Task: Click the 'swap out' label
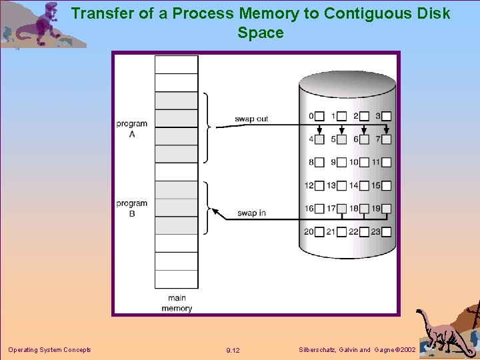(x=251, y=119)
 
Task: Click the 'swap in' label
(x=251, y=213)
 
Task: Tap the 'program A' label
(x=131, y=128)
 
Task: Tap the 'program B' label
(x=131, y=208)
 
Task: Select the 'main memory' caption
(x=177, y=303)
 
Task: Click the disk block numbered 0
(x=319, y=116)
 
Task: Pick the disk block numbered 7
(x=386, y=139)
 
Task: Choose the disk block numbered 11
(x=386, y=162)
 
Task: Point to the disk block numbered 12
(x=319, y=185)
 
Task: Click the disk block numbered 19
(x=386, y=209)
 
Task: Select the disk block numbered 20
(x=319, y=231)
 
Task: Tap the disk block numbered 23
(x=386, y=231)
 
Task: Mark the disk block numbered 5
(x=341, y=139)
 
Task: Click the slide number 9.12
(x=233, y=351)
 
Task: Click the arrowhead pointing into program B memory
(x=215, y=211)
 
